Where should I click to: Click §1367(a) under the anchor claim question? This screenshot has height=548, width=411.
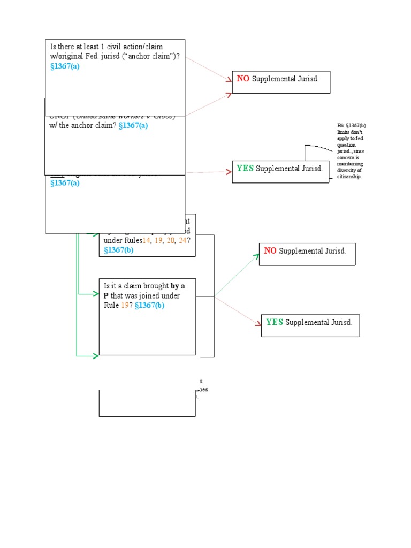(65, 66)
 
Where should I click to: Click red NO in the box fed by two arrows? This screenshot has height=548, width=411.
(243, 79)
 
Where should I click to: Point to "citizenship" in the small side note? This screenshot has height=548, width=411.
(349, 177)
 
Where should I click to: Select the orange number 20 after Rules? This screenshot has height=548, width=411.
(170, 240)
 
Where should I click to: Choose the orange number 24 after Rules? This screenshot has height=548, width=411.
(182, 240)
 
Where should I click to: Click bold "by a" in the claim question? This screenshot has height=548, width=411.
(178, 286)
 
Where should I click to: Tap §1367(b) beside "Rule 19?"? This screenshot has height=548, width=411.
(150, 306)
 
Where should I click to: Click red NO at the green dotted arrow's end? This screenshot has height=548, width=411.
(270, 251)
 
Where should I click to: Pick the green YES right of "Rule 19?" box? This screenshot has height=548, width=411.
(274, 322)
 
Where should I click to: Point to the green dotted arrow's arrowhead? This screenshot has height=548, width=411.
(256, 257)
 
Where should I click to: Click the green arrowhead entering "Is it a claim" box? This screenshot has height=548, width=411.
(96, 294)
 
